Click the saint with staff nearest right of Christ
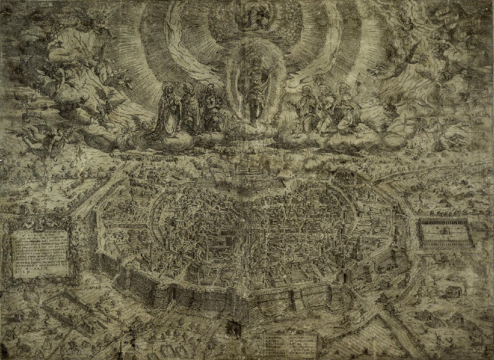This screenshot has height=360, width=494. (304, 106)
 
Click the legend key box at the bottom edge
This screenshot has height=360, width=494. (290, 345)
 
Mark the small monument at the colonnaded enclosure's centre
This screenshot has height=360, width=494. (445, 231)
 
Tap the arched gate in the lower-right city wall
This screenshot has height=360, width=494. (345, 277)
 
